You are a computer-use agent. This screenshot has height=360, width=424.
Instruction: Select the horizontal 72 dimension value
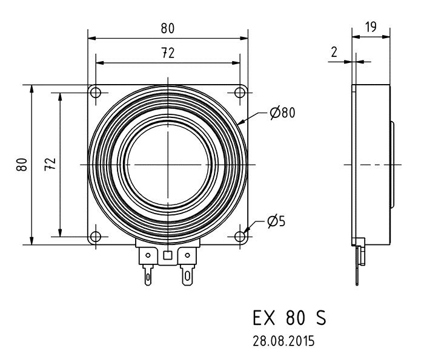click(x=168, y=53)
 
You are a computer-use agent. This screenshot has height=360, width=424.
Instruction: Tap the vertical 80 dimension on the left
click(x=21, y=165)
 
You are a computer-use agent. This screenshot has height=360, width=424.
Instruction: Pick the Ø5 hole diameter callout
click(x=277, y=221)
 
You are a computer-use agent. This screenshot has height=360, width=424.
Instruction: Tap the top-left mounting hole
click(x=96, y=92)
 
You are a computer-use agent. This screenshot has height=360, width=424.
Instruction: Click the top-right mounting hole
click(x=240, y=92)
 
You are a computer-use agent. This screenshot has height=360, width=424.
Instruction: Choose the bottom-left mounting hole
click(x=96, y=237)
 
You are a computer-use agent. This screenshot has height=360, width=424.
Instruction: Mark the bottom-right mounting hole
click(x=240, y=237)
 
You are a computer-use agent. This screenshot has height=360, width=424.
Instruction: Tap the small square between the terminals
click(x=168, y=255)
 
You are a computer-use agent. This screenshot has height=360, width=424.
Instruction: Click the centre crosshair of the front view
click(x=168, y=165)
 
